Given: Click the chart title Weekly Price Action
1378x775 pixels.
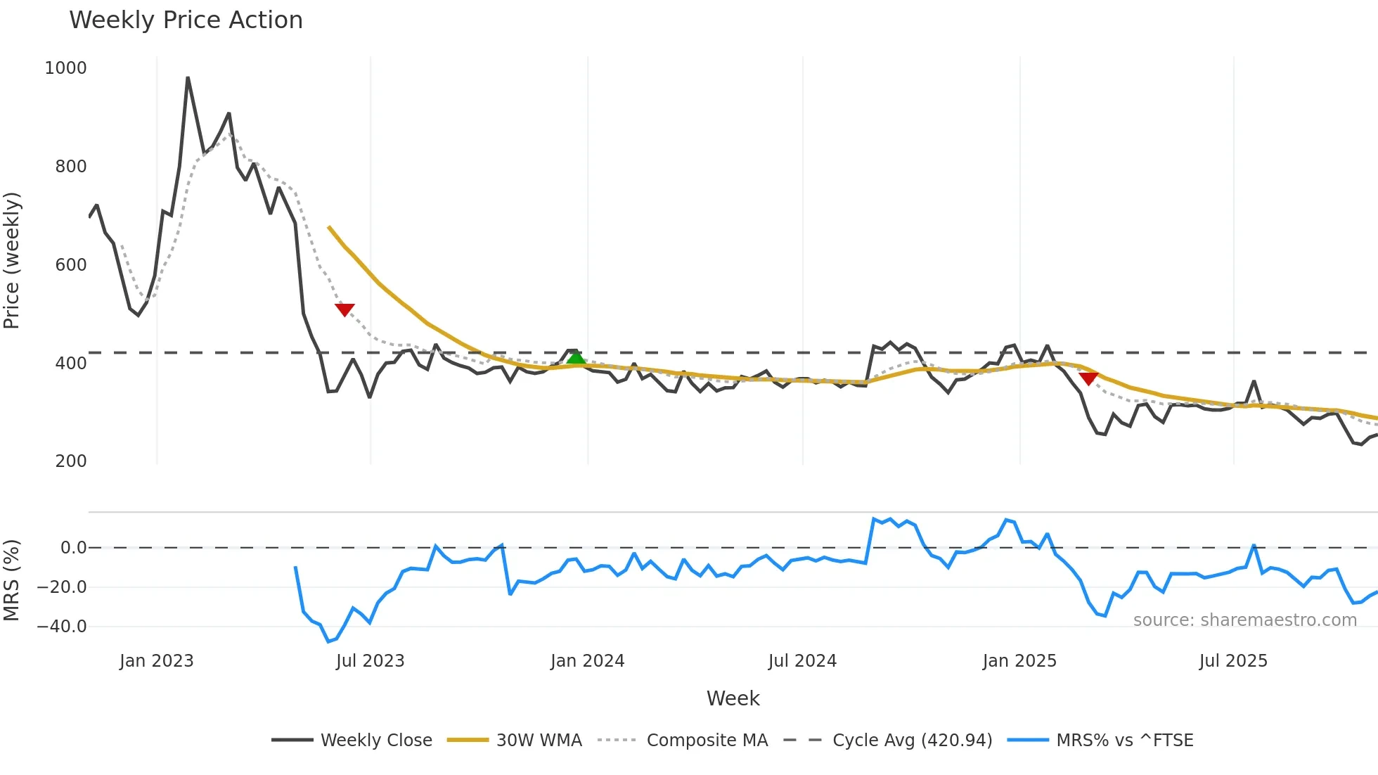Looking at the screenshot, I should (x=186, y=20).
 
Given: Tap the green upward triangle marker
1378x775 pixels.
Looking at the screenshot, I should (x=576, y=358).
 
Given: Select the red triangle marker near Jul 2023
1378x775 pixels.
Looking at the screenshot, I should (x=344, y=309).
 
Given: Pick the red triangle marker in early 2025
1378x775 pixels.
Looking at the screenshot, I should (x=1088, y=378).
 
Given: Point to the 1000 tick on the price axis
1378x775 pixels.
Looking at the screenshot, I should (x=65, y=68).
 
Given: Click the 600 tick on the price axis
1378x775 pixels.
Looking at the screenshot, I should (x=71, y=265).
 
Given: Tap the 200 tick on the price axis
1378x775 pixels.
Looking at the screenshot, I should (x=71, y=461).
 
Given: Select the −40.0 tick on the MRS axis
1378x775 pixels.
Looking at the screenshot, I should (x=62, y=626).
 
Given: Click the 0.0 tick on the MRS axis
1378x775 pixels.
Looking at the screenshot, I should (x=73, y=548).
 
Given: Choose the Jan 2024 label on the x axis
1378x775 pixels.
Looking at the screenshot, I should (x=587, y=661).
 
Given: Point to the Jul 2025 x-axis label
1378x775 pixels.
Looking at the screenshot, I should (x=1233, y=661).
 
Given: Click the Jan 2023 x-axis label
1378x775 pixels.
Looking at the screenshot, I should (x=156, y=661).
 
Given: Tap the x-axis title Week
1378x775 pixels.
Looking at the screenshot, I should (x=733, y=698).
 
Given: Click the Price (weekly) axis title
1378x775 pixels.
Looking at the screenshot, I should (x=12, y=260).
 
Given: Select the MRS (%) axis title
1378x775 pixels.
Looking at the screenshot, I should (x=12, y=580).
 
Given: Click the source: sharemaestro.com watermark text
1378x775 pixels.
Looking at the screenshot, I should (x=1244, y=620).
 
